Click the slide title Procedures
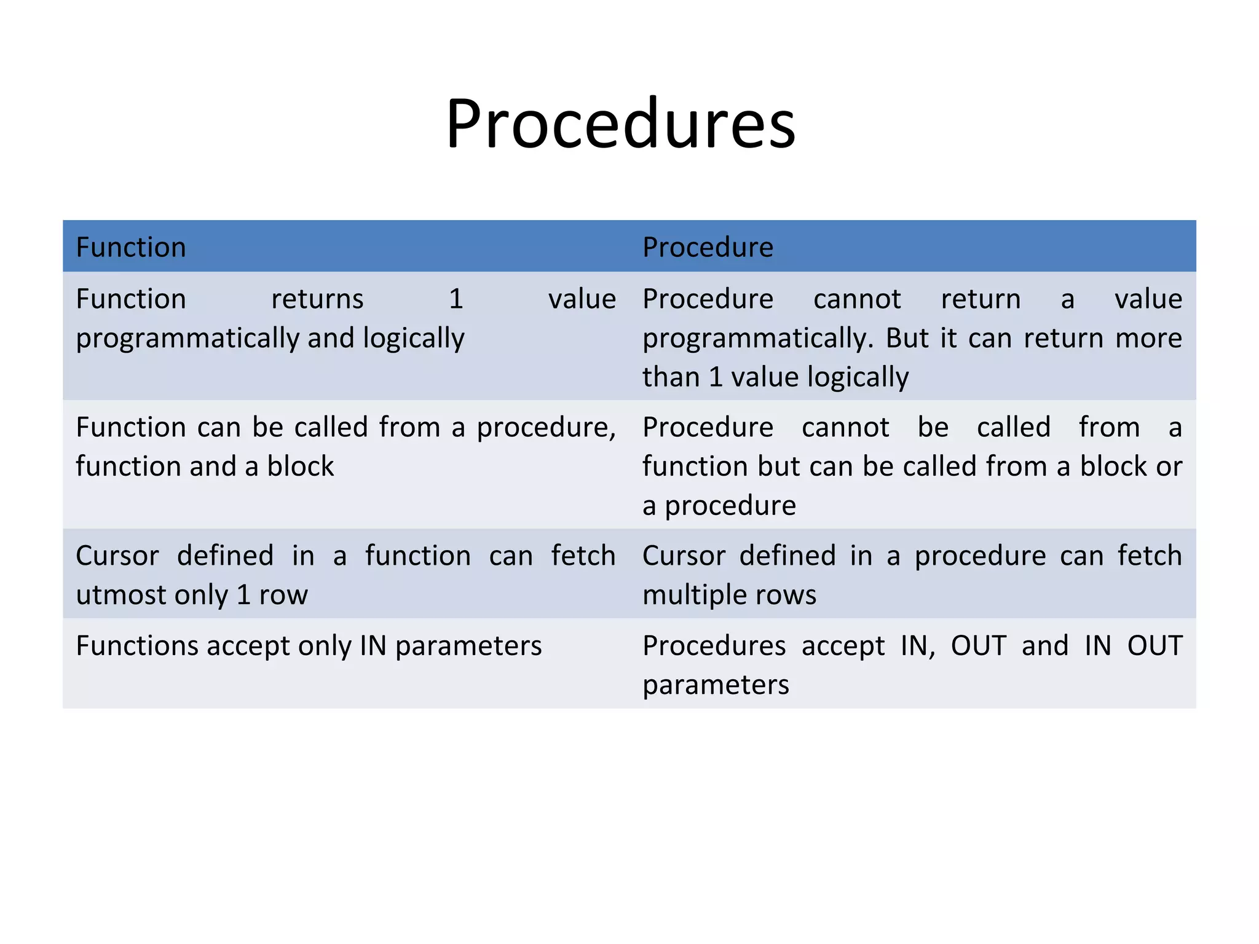620,124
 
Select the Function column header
131,247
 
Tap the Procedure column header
708,247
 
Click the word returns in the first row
317,299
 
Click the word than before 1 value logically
671,377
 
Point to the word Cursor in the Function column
117,556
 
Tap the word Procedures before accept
714,646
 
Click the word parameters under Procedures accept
716,685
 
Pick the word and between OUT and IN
1045,646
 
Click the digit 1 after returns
456,299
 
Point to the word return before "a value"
981,299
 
